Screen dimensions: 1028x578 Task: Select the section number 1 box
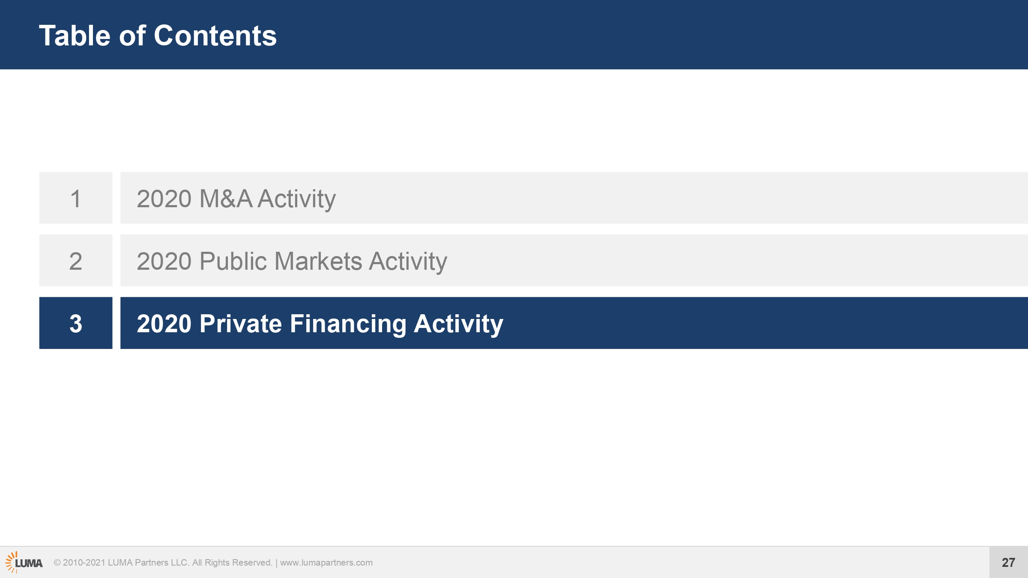[76, 198]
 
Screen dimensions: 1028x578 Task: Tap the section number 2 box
[76, 260]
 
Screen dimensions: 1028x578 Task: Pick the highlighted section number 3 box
[76, 323]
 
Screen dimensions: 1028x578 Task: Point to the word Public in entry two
[233, 261]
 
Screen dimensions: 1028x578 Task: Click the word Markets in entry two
[318, 261]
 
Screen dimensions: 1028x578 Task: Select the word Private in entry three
[241, 324]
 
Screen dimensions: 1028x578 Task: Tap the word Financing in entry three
[348, 325]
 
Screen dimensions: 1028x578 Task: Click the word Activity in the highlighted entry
[458, 325]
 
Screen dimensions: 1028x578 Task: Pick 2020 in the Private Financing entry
[164, 324]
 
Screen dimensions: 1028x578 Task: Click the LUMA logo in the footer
[24, 562]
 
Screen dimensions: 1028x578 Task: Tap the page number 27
[1008, 562]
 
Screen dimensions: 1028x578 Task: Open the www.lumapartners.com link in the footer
[326, 563]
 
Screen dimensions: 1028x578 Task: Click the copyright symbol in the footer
[57, 563]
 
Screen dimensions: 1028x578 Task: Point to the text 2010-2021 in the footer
[84, 563]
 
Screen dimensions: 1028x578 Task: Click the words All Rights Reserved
[232, 563]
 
